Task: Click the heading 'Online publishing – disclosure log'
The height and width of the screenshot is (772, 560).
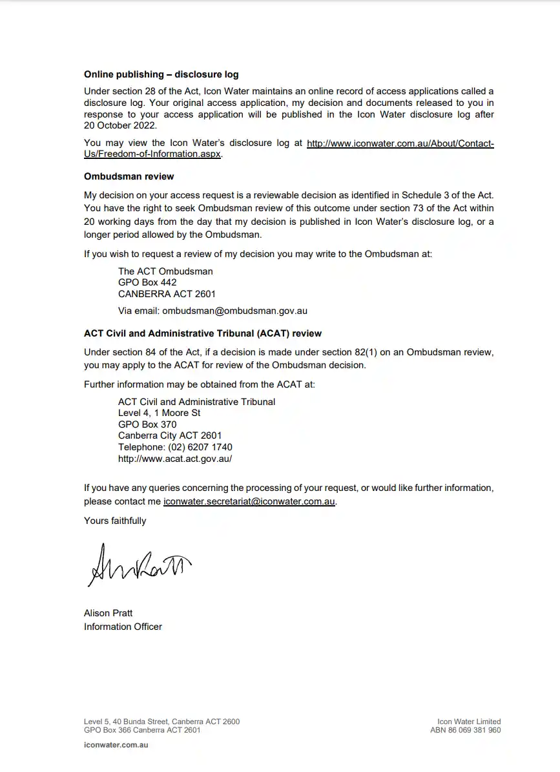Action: coord(161,74)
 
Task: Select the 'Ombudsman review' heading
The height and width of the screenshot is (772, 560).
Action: coord(129,176)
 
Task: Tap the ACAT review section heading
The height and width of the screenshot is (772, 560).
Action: coord(202,333)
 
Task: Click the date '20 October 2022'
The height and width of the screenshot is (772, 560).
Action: coord(120,125)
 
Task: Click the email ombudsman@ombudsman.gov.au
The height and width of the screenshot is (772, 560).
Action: coord(234,310)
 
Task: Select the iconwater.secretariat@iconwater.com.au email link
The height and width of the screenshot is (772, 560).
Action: coord(249,501)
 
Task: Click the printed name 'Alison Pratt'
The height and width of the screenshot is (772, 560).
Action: coord(108,612)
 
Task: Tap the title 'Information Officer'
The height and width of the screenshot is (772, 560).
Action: coord(123,626)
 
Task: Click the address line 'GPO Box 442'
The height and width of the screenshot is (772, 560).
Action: coord(147,282)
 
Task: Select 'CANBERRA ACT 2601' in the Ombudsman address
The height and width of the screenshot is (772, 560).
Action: coord(167,294)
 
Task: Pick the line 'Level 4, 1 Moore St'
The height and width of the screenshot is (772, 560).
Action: coord(159,413)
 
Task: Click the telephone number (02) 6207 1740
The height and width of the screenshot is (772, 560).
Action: coord(200,447)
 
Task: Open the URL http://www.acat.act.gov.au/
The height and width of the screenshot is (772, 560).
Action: coord(174,459)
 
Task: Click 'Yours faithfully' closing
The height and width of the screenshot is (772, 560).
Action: coord(115,521)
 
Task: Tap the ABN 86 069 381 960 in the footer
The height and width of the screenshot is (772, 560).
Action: coord(465,730)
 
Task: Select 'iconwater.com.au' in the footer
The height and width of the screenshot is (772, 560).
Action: coord(116,745)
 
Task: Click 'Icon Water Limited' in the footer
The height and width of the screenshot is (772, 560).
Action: coord(469,722)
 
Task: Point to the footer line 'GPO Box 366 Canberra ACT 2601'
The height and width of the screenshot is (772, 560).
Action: coord(142,730)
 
